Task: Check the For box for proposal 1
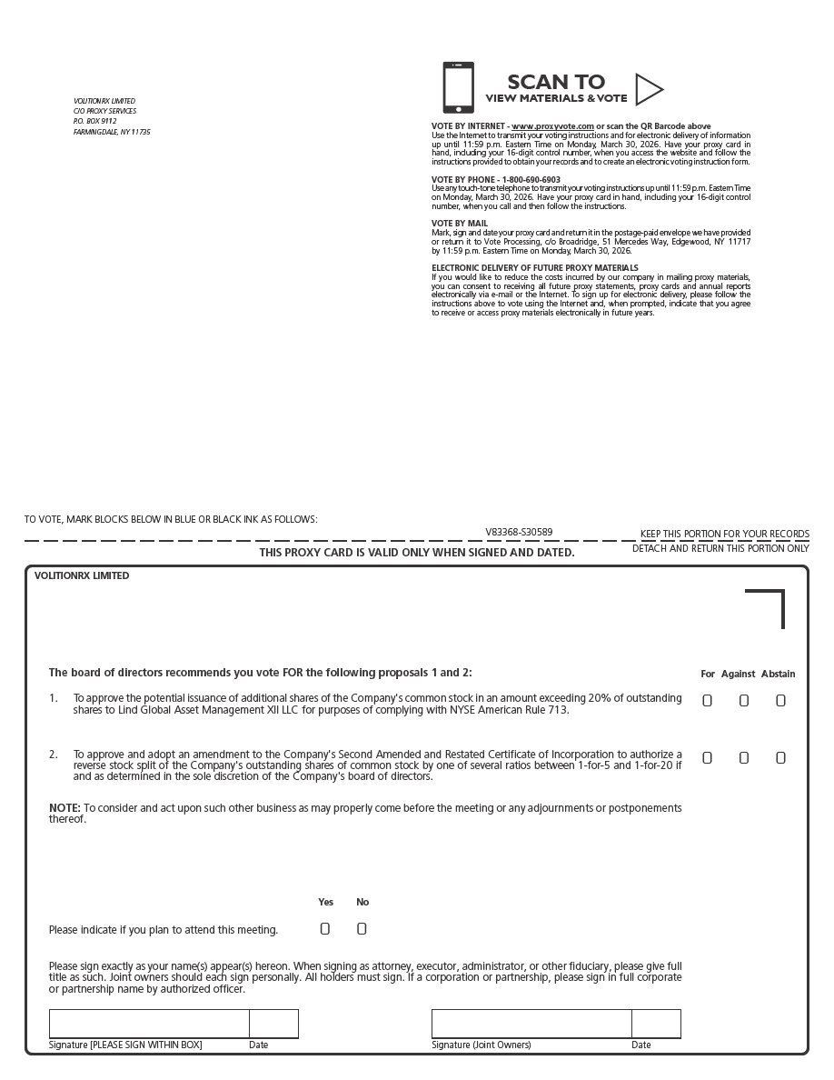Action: [707, 700]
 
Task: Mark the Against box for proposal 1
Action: [743, 700]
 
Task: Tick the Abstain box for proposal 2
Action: [780, 757]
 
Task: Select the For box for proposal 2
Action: [707, 757]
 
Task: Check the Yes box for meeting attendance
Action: [325, 928]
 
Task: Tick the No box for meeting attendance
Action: [362, 928]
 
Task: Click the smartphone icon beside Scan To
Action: [458, 88]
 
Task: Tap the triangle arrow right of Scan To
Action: [648, 89]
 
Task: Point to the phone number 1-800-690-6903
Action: [531, 180]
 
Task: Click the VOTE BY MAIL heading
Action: [459, 223]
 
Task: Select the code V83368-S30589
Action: [519, 532]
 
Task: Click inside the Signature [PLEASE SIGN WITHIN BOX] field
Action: [149, 1024]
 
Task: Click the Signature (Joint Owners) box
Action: [531, 1024]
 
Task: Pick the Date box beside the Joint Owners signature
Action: [656, 1024]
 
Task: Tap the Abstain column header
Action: [778, 674]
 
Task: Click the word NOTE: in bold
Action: [65, 807]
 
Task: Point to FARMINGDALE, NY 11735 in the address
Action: [111, 132]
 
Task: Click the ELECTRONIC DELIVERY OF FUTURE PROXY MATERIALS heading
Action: [534, 267]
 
